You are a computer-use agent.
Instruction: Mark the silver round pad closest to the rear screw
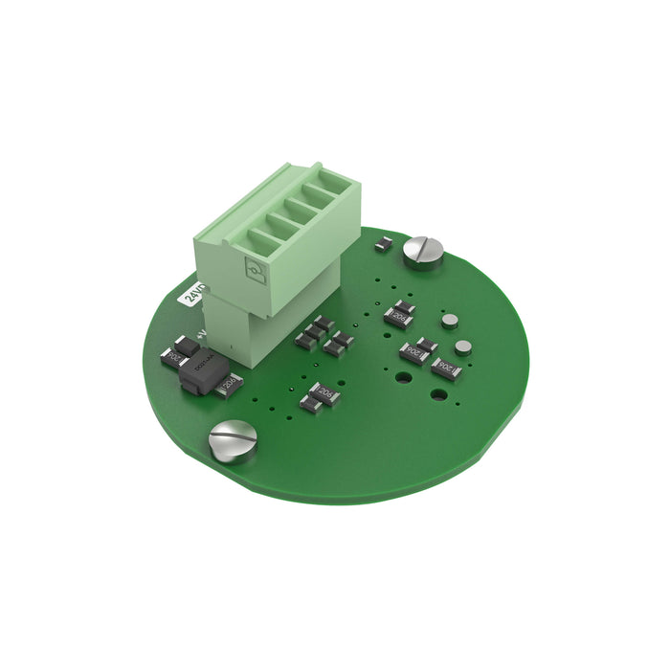click(448, 321)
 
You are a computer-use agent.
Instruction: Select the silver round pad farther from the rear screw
click(463, 346)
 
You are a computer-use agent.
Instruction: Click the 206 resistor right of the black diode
click(230, 386)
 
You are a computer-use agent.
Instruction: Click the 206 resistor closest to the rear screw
click(399, 313)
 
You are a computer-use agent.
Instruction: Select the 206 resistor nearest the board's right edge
click(446, 368)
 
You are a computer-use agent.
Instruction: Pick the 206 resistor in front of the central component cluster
click(320, 396)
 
